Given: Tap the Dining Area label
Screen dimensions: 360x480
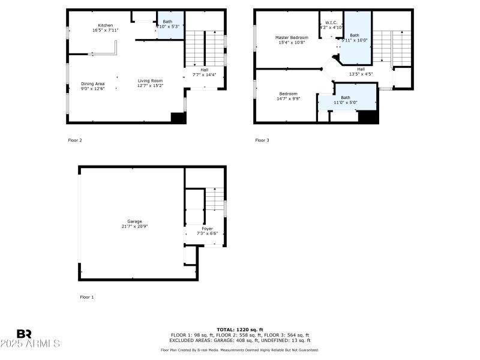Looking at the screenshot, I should pyautogui.click(x=92, y=83).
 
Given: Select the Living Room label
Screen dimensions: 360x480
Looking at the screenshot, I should pyautogui.click(x=150, y=81).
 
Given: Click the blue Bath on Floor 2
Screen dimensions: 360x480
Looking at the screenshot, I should pyautogui.click(x=167, y=24).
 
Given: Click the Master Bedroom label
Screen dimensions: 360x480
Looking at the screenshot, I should pyautogui.click(x=291, y=37).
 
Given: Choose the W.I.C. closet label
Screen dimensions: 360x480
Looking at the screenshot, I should pyautogui.click(x=331, y=23).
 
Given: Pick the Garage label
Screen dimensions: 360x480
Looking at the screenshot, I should pyautogui.click(x=134, y=221).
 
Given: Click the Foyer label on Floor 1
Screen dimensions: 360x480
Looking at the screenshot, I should pyautogui.click(x=206, y=229).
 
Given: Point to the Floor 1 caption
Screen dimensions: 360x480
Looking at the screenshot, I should pyautogui.click(x=86, y=297).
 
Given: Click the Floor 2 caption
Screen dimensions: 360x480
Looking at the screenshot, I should pyautogui.click(x=74, y=140).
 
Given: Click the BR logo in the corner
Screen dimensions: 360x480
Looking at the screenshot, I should pyautogui.click(x=24, y=334).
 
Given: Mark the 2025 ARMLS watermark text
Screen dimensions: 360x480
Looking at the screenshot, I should pyautogui.click(x=30, y=344).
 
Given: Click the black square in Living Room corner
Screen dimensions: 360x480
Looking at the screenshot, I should pyautogui.click(x=178, y=118).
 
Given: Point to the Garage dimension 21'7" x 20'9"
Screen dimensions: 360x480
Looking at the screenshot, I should pyautogui.click(x=134, y=226).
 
